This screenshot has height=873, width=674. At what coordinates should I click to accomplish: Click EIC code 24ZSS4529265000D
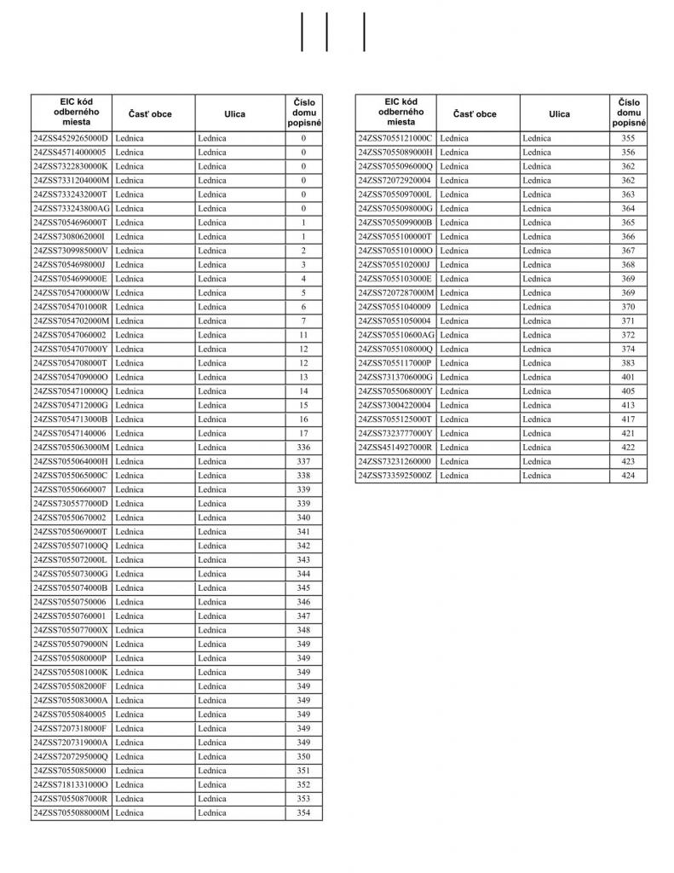coord(72,138)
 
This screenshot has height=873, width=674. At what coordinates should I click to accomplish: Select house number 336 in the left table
coord(303,447)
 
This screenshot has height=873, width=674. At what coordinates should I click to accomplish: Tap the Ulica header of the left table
coord(235,114)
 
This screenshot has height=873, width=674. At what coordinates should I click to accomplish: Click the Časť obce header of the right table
coord(475,114)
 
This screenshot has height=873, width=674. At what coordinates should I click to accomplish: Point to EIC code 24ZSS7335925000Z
coord(395,475)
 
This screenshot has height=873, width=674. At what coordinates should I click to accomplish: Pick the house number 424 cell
coord(628,475)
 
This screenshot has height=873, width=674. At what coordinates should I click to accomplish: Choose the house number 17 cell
coord(303,433)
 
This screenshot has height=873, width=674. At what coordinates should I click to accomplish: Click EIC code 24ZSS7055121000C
coord(395,138)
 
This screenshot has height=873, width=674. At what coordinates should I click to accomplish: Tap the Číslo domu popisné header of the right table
coord(628,113)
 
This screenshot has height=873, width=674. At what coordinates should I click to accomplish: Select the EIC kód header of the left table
coord(72,113)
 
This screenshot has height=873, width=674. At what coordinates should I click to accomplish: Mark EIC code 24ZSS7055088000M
coord(72,812)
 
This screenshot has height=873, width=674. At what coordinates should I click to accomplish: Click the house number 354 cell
coord(303,812)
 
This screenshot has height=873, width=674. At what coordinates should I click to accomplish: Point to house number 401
coord(628,377)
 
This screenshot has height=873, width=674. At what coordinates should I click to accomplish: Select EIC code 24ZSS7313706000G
coord(395,377)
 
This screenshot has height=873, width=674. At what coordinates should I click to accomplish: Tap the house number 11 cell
coord(303,335)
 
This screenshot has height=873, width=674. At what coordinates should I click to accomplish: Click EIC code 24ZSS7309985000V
coord(72,251)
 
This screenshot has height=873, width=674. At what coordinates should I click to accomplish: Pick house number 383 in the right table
coord(628,362)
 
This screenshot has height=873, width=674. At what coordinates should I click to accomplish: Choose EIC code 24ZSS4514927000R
coord(395,447)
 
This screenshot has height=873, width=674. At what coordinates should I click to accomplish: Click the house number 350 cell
coord(303,756)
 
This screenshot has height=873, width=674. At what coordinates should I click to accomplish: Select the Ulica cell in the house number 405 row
coord(564,391)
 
